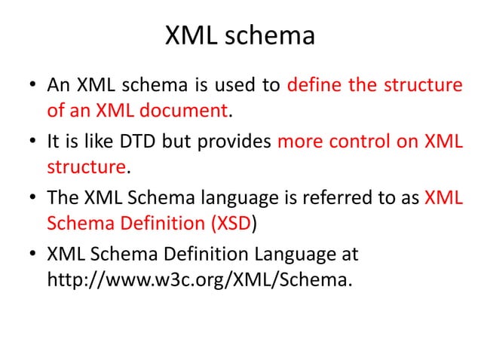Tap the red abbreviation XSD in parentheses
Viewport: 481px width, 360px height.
pyautogui.click(x=233, y=224)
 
